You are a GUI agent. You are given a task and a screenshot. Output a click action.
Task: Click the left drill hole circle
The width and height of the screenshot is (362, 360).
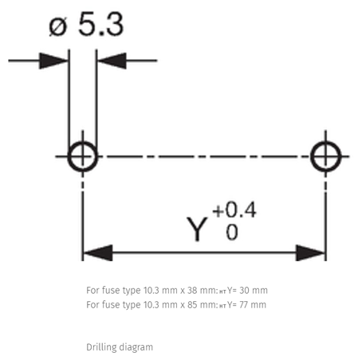click(69, 157)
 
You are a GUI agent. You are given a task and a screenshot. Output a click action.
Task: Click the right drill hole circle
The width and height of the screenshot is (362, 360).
click(312, 157)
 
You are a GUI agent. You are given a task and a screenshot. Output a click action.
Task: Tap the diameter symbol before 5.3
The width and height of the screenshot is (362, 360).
click(57, 26)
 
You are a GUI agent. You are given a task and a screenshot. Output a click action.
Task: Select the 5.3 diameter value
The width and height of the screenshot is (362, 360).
click(101, 24)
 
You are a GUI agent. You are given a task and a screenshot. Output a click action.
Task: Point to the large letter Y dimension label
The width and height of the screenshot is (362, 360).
click(197, 229)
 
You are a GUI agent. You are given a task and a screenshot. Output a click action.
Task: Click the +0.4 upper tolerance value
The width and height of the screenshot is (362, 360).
click(234, 209)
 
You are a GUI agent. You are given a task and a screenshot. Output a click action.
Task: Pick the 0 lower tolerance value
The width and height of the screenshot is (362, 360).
click(232, 233)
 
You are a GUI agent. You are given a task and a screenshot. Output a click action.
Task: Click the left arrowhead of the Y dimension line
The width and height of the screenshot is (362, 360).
click(98, 252)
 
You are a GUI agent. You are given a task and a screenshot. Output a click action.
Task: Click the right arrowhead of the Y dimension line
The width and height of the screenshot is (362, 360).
click(310, 252)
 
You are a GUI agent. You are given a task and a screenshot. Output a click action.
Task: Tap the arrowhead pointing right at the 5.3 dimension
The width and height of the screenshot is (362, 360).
click(53, 61)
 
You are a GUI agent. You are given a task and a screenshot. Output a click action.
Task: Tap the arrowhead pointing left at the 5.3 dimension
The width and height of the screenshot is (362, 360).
click(112, 61)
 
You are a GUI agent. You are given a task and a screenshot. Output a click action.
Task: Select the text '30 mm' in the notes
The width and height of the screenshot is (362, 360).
click(254, 291)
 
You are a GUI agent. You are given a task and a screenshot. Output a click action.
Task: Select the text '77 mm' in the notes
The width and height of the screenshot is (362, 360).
click(253, 305)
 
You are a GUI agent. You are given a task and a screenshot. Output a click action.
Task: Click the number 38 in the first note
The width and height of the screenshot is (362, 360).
click(192, 291)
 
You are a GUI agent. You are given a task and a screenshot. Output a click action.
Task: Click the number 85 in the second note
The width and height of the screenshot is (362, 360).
click(192, 305)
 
